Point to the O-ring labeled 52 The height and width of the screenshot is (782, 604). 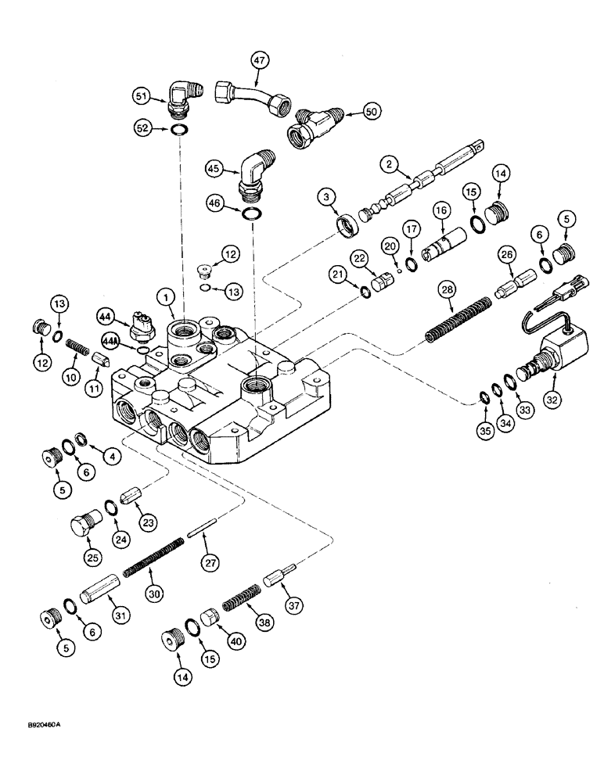[x=178, y=130]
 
